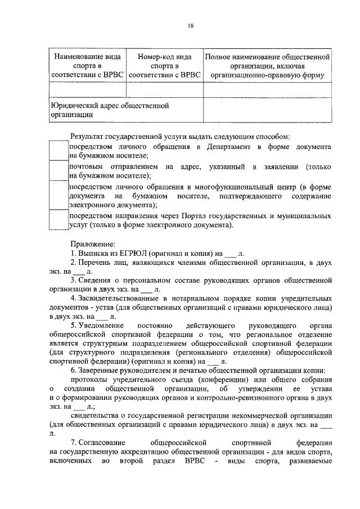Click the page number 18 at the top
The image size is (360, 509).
pyautogui.click(x=191, y=25)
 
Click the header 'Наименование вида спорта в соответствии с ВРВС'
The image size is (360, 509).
pyautogui.click(x=87, y=66)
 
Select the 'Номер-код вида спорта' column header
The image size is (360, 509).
pyautogui.click(x=164, y=66)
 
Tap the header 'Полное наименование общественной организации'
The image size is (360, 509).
pyautogui.click(x=265, y=66)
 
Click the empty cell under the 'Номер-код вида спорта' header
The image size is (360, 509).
pyautogui.click(x=164, y=89)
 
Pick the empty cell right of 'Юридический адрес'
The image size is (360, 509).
pyautogui.click(x=265, y=109)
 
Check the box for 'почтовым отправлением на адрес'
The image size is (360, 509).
pyautogui.click(x=58, y=170)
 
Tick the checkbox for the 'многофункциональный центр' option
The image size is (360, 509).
pyautogui.click(x=58, y=195)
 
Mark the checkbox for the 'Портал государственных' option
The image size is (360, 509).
pyautogui.click(x=58, y=220)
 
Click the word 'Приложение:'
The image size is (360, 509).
pyautogui.click(x=92, y=244)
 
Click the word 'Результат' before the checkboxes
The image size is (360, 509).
pyautogui.click(x=87, y=136)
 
